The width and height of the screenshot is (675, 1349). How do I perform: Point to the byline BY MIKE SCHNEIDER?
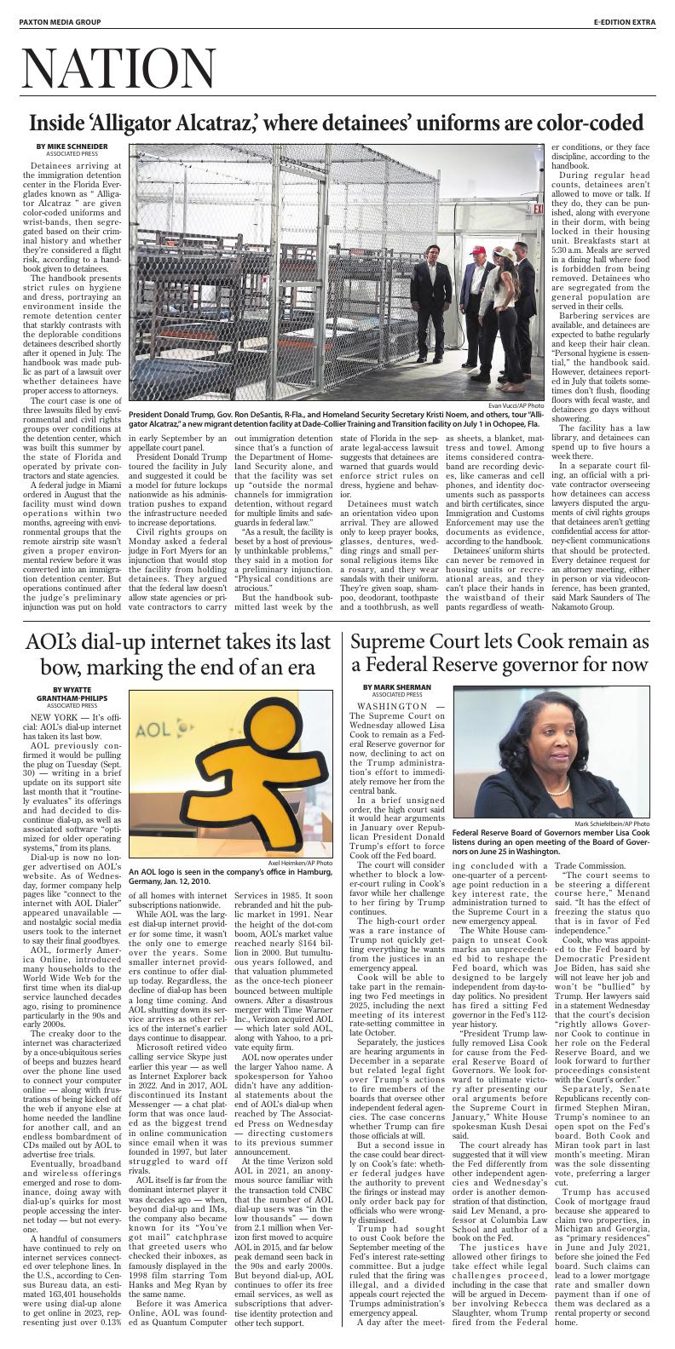(72, 146)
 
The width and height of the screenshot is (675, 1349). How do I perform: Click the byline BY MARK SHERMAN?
(396, 710)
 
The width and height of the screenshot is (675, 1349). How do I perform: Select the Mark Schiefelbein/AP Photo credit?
(611, 824)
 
